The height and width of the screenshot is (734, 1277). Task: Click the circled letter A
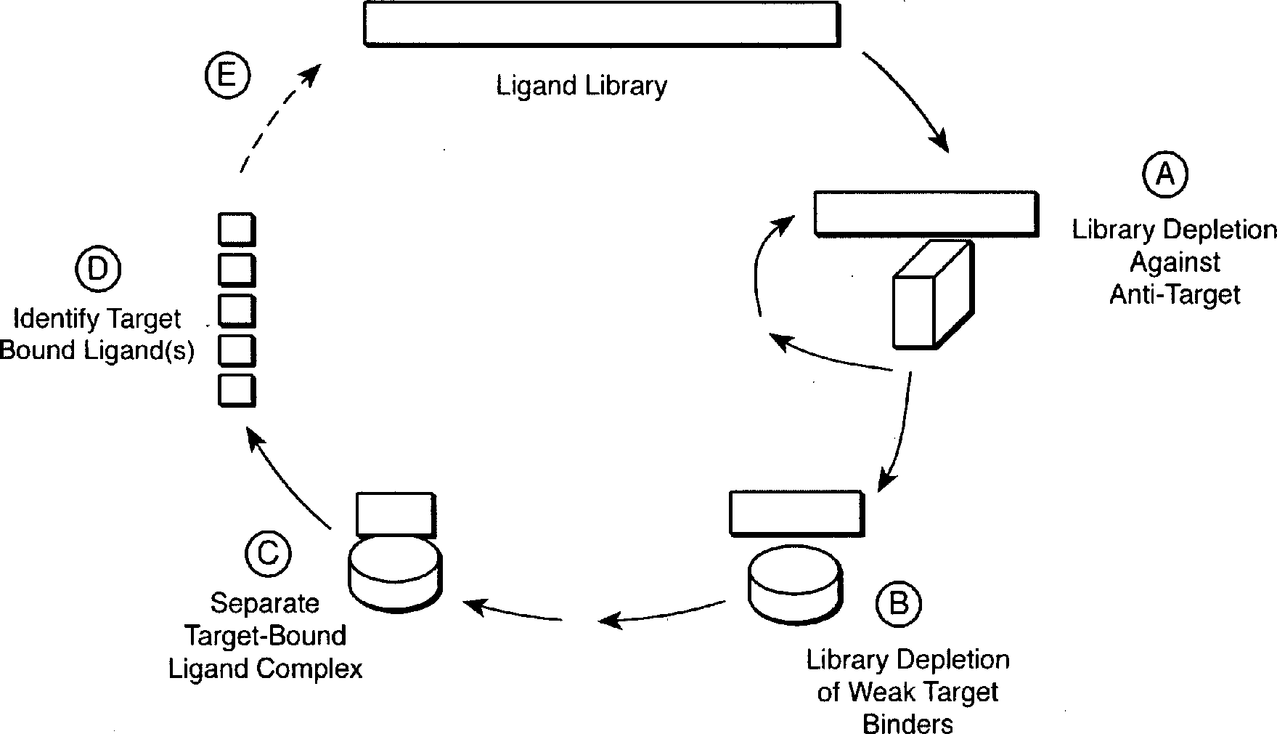point(1166,175)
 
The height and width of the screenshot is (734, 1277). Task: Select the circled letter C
point(268,553)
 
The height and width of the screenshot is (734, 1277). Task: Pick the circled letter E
point(227,76)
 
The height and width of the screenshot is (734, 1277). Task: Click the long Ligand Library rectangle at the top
point(601,25)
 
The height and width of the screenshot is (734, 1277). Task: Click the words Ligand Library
point(582,86)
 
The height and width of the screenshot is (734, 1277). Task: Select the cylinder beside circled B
point(795,584)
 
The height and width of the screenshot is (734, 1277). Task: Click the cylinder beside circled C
point(396,571)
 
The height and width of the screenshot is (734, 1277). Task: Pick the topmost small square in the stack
point(237,229)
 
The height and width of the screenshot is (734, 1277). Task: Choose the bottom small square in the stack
point(237,390)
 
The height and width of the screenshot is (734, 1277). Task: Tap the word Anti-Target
point(1175,294)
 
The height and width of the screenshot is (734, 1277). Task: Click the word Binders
point(907,724)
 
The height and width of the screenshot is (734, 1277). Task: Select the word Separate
point(264,604)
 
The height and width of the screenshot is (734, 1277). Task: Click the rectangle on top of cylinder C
point(396,515)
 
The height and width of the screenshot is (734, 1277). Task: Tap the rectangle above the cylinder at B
point(796,514)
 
